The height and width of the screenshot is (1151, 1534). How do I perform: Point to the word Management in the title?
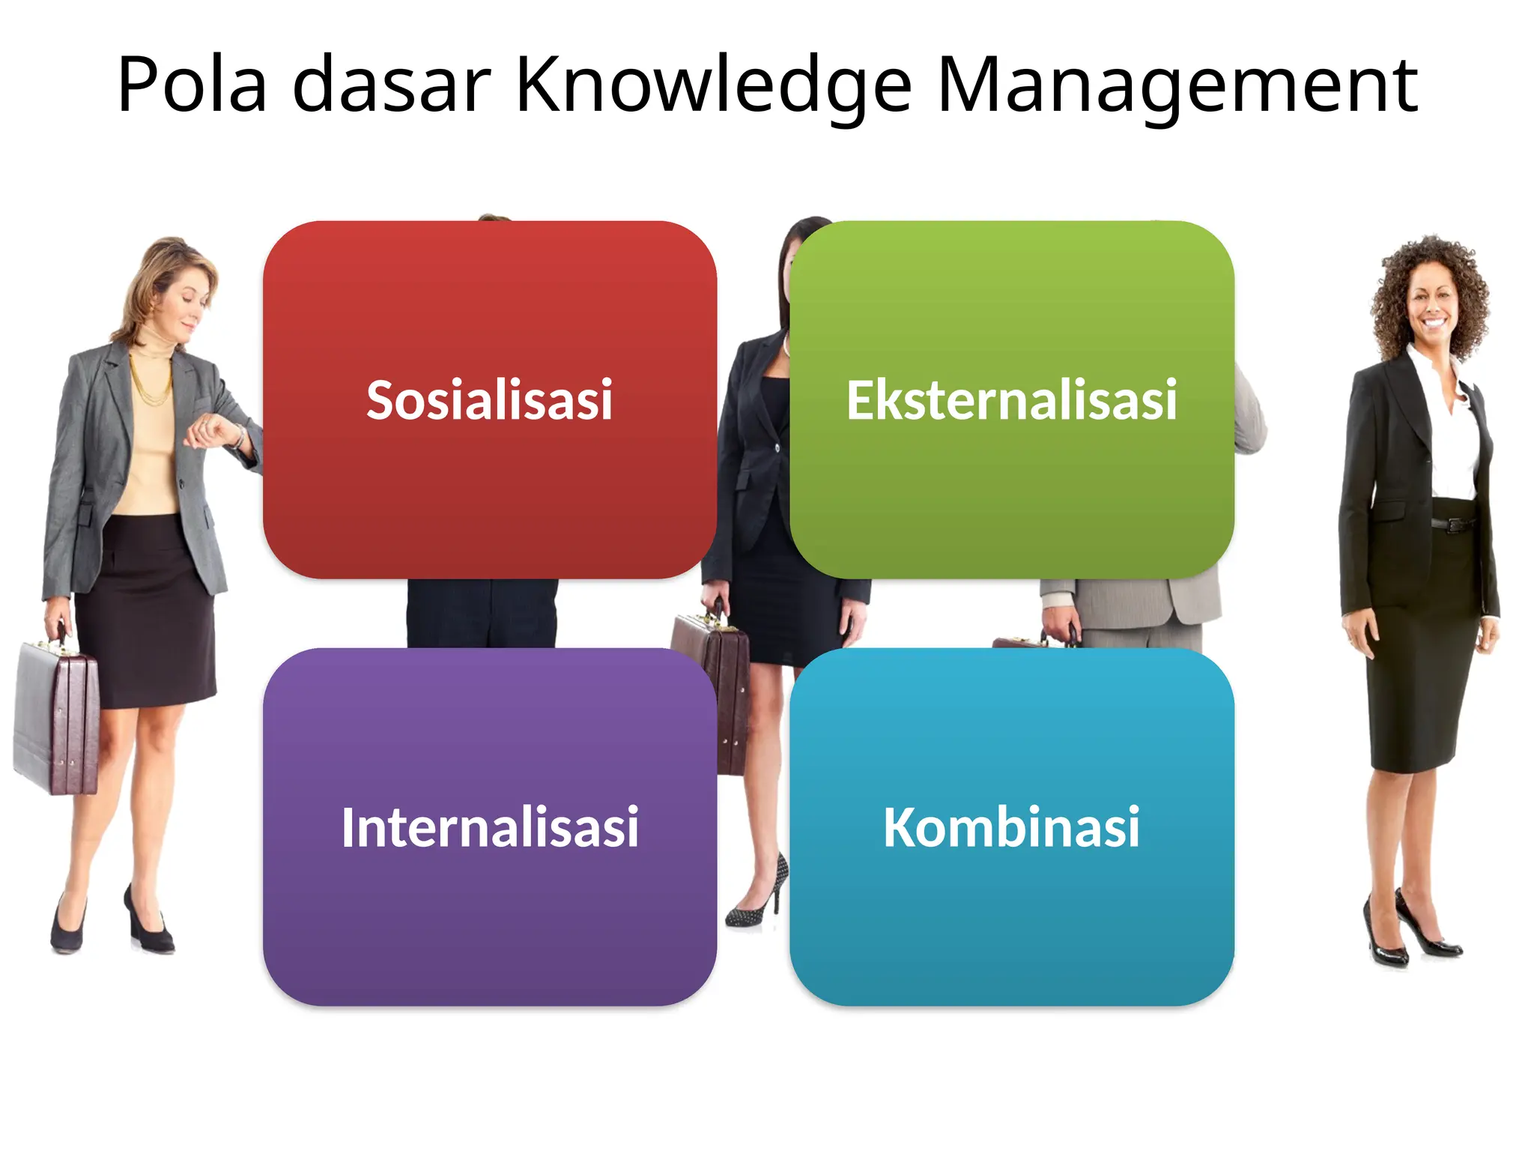coord(1176,86)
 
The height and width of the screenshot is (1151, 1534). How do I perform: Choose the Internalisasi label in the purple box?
coord(489,827)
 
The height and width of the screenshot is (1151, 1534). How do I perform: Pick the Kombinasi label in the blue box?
coord(1011,827)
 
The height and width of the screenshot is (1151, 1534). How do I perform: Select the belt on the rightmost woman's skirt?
coord(1453,525)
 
